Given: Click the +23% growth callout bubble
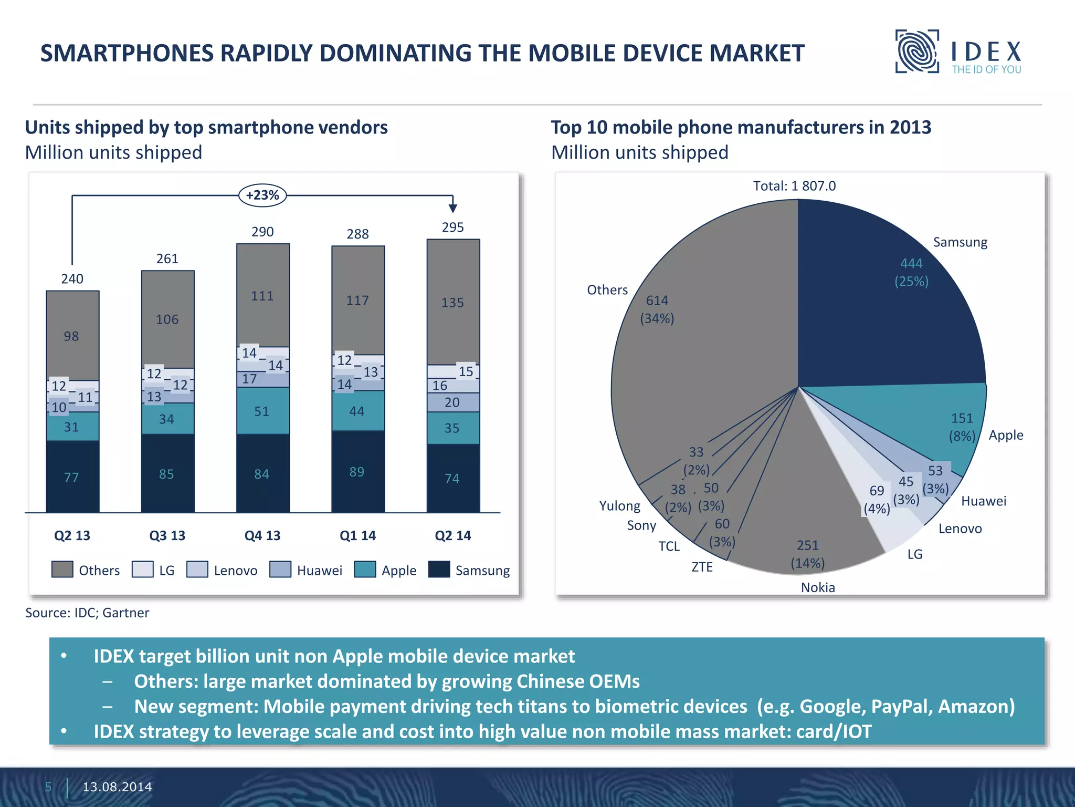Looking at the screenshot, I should (262, 195).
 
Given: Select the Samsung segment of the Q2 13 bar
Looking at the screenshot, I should (72, 477).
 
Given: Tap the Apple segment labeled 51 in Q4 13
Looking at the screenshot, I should (262, 411).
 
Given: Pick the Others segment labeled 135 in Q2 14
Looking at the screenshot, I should (452, 303).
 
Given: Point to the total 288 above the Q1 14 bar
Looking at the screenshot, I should (357, 234).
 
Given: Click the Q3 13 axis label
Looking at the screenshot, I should (167, 535).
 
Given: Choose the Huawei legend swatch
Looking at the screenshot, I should (280, 570).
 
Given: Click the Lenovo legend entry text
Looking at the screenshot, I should (235, 571).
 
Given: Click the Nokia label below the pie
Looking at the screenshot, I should (817, 587).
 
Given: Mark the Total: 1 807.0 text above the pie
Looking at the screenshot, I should (794, 186).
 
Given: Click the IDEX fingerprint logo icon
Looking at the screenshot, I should (916, 51).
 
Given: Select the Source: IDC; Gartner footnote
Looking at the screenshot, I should (87, 613).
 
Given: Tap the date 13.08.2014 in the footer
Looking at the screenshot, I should (117, 787).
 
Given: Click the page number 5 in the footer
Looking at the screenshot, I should (48, 787).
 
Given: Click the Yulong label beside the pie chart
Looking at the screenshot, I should (619, 506).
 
